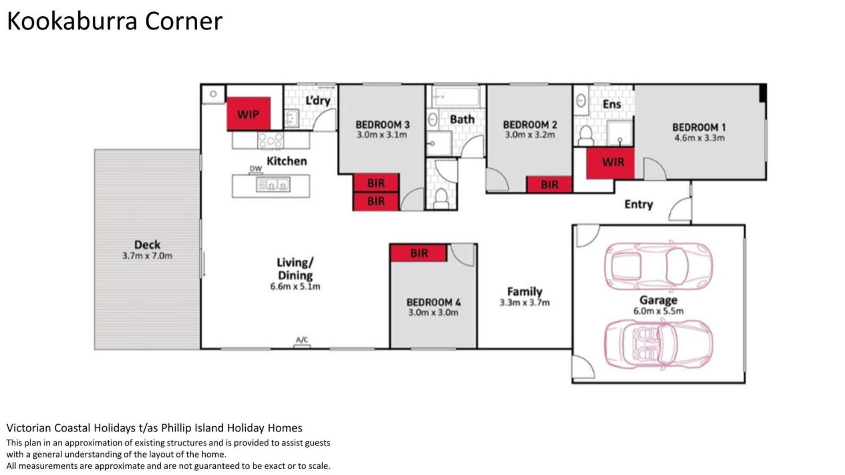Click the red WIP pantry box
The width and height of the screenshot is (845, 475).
[248, 114]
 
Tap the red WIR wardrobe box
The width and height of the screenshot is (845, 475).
[610, 163]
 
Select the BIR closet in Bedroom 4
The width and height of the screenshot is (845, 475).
[418, 253]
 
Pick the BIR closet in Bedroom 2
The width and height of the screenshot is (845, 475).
[549, 185]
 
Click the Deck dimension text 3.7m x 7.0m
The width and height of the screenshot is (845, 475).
[147, 256]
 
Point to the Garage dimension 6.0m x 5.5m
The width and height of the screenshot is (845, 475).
[658, 311]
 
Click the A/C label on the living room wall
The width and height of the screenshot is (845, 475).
[302, 340]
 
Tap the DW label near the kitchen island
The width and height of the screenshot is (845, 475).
[255, 168]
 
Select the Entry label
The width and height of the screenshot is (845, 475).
[638, 205]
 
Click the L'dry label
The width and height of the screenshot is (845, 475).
[318, 101]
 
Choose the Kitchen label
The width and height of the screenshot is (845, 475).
[287, 161]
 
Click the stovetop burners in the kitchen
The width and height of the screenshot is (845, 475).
[270, 140]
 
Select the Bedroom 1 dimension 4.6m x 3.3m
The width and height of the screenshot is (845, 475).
[699, 138]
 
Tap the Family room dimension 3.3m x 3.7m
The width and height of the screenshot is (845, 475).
[524, 303]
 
